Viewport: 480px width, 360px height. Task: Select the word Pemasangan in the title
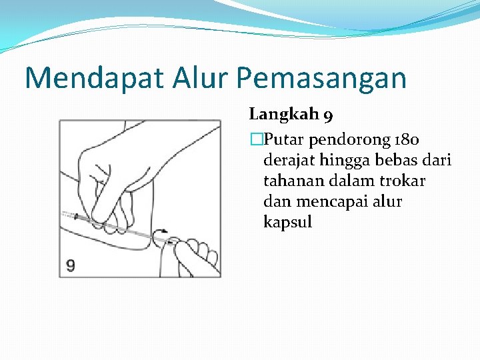(x=321, y=78)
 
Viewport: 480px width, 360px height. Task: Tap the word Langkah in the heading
(x=283, y=115)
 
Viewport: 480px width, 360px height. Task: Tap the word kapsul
(x=287, y=223)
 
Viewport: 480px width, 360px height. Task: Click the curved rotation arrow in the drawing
(x=163, y=234)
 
